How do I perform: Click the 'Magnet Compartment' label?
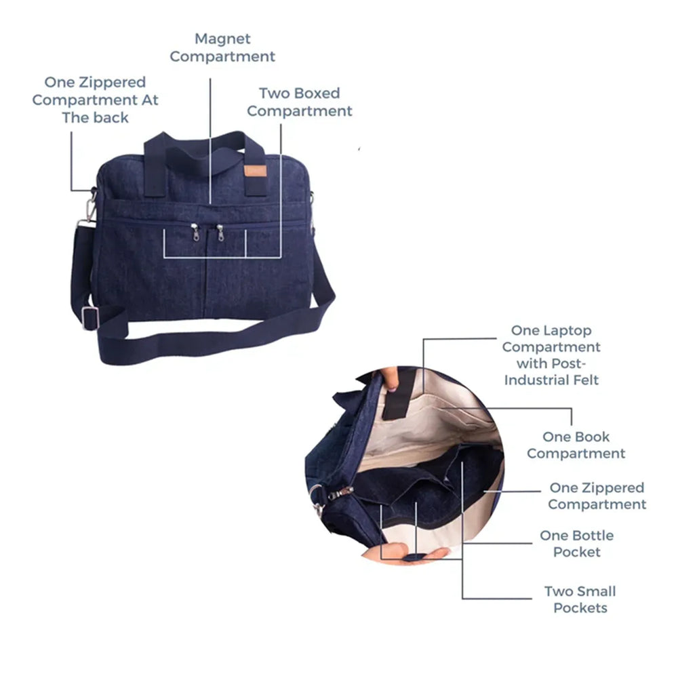(222, 47)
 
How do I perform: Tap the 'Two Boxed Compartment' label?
(299, 102)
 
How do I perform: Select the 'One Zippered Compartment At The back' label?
(95, 100)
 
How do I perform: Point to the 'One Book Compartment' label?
(576, 445)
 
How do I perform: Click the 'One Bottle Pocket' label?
(577, 544)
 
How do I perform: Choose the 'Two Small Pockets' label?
(580, 599)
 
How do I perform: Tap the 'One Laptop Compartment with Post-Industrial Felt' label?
(551, 355)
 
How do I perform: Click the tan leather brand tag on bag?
(255, 171)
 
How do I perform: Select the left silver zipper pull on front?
(195, 232)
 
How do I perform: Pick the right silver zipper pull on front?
(220, 232)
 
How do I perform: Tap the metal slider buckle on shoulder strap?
(89, 318)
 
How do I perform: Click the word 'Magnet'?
(222, 39)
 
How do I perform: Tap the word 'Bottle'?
(594, 536)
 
